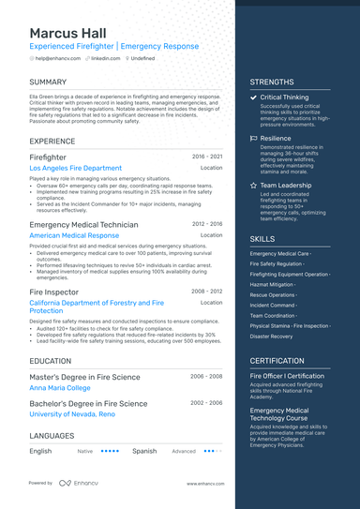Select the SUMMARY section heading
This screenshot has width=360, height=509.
pos(48,82)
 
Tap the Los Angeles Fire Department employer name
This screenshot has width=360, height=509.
pos(75,168)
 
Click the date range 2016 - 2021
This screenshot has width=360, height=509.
pos(207,157)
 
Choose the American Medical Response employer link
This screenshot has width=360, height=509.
pos(74,235)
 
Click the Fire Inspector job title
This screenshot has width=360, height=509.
pos(54,292)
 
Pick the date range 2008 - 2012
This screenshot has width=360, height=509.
pos(207,292)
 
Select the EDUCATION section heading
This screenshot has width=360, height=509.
pos(51,360)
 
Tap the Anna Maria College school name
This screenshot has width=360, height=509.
pos(59,387)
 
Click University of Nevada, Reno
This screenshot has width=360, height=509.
pos(72,413)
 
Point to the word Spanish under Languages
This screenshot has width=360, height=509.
pos(144,451)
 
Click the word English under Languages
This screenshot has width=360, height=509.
pos(40,451)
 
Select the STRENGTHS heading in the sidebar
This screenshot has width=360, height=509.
pos(272,82)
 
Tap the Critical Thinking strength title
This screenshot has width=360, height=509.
pos(284,97)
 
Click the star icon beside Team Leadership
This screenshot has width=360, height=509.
pos(254,186)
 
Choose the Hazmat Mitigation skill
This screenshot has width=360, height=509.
pos(272,284)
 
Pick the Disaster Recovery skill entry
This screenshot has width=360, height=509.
pos(272,336)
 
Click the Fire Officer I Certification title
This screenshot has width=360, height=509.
pos(293,376)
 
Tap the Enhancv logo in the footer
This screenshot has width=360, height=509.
pos(78,484)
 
